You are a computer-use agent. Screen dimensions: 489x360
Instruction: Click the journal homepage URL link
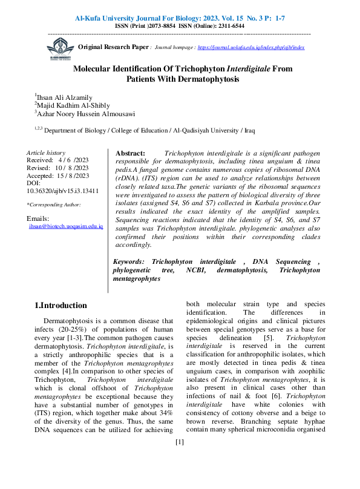click(x=251, y=47)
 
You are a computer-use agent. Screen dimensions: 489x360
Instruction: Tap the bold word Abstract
click(x=130, y=154)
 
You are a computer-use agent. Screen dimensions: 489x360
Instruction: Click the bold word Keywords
click(x=130, y=278)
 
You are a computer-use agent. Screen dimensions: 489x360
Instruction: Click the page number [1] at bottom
click(x=179, y=477)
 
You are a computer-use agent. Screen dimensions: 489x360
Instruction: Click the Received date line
click(x=58, y=160)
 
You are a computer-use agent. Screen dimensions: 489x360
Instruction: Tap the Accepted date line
click(x=58, y=176)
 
